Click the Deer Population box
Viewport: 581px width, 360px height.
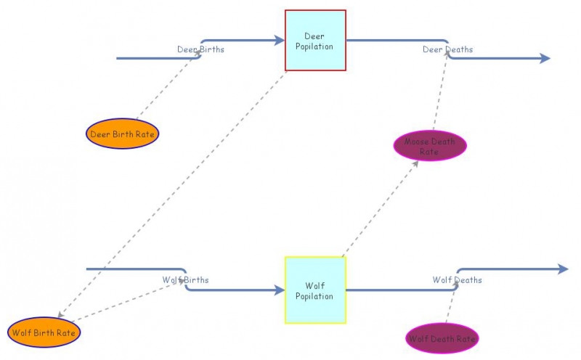coord(315,41)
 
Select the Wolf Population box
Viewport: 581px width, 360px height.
coord(315,290)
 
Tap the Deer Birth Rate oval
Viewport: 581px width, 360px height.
coord(122,134)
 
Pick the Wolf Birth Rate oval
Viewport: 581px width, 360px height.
coord(44,332)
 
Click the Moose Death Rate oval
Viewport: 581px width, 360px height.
coord(429,146)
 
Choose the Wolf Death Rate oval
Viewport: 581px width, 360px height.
coord(442,338)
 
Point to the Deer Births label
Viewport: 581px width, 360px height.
coord(200,49)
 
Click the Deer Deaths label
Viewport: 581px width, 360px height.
coord(447,49)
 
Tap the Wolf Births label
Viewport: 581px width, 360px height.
coord(184,279)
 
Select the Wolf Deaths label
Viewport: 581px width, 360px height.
coord(457,279)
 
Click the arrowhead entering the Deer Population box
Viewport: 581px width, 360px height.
coord(279,41)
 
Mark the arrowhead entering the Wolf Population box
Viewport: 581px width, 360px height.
coord(279,290)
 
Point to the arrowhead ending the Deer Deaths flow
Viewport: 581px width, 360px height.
coord(545,59)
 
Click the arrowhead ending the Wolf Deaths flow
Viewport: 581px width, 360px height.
coord(563,269)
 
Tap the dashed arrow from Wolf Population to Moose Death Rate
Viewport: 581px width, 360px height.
coord(379,210)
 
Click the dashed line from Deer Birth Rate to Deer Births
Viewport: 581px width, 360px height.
coord(167,87)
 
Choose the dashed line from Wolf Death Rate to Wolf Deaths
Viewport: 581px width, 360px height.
coord(451,305)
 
